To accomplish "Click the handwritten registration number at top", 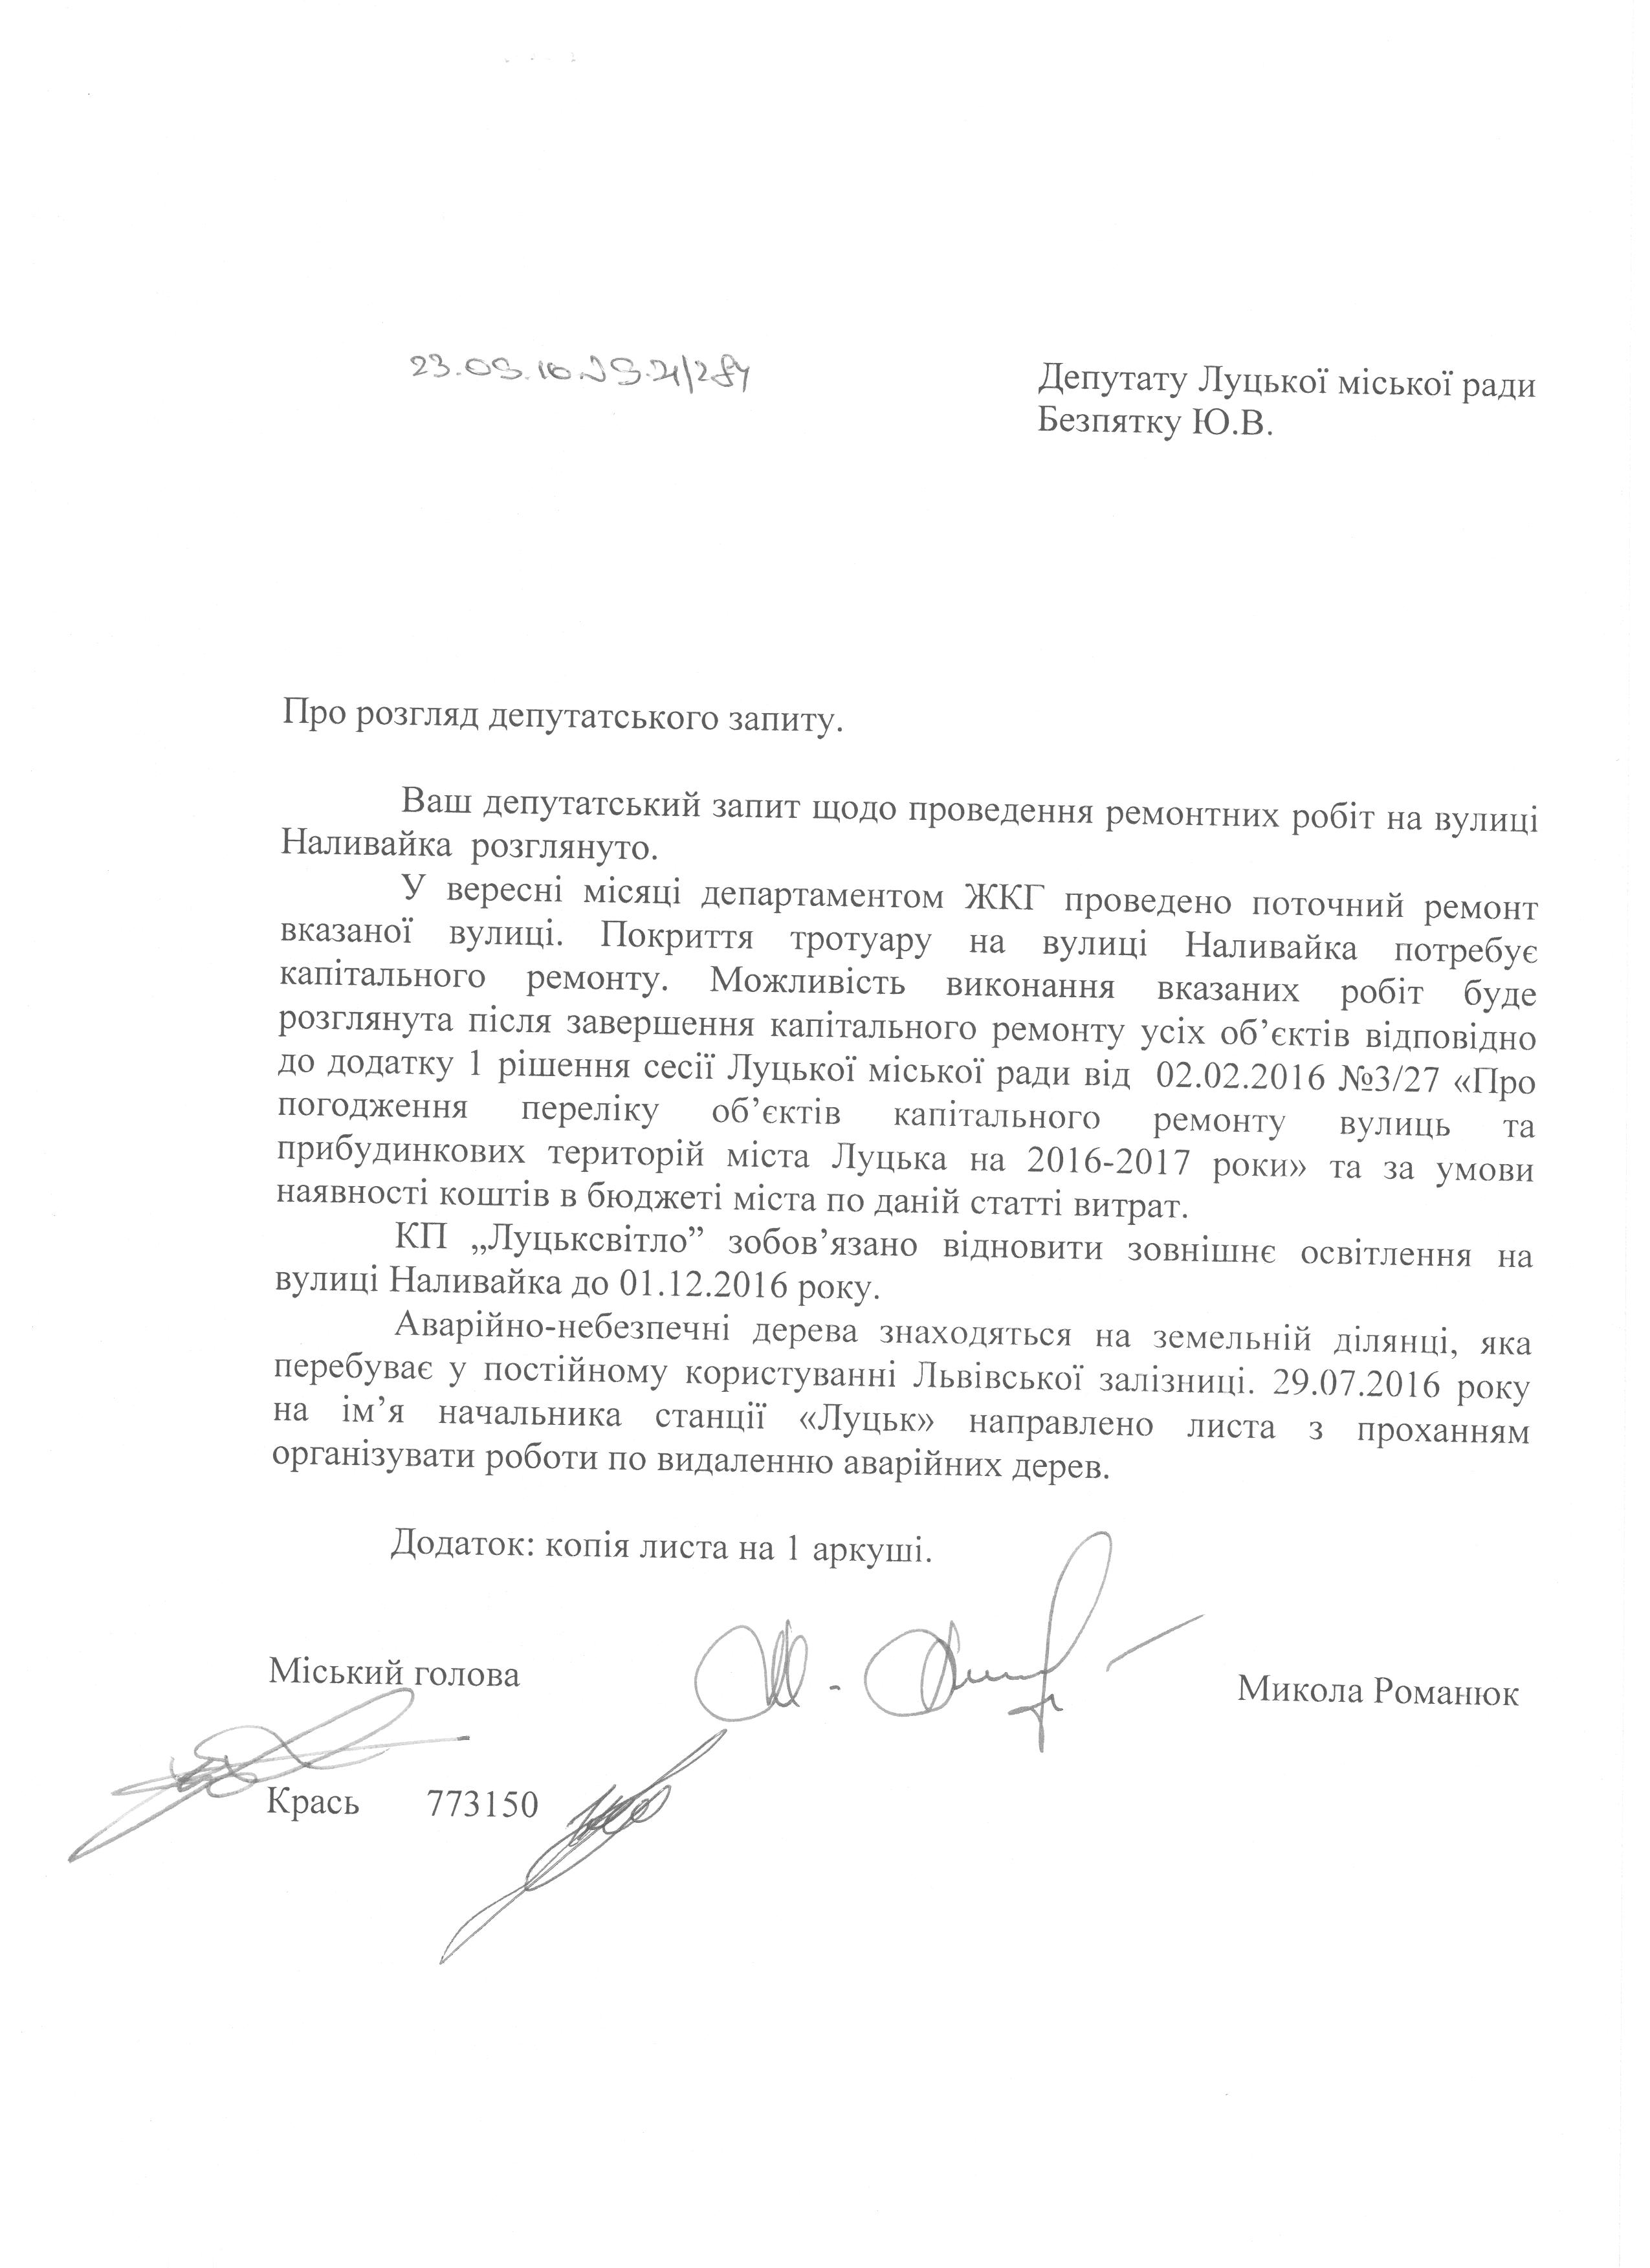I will pos(579,376).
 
